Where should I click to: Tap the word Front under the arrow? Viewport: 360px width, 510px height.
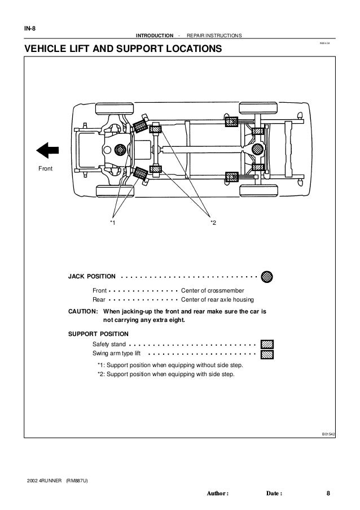coord(46,168)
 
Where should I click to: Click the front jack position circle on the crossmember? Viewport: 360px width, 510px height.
coord(119,150)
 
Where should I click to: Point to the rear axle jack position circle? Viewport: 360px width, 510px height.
coord(257,149)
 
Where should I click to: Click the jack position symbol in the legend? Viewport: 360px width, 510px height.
coord(267,277)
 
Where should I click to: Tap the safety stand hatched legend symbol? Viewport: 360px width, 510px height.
coord(267,343)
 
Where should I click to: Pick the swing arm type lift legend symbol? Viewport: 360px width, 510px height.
coord(267,354)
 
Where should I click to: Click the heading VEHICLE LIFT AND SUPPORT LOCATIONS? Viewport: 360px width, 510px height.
coord(119,50)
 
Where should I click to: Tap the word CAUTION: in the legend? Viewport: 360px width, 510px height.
coord(84,311)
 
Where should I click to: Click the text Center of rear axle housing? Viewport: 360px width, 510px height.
coord(217,300)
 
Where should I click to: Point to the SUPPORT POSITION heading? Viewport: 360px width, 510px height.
coord(98,333)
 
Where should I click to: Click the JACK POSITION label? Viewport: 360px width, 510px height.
coord(92,277)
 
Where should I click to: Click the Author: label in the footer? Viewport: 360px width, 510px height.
coord(218,493)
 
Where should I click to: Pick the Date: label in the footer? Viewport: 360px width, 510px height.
coord(274,493)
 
